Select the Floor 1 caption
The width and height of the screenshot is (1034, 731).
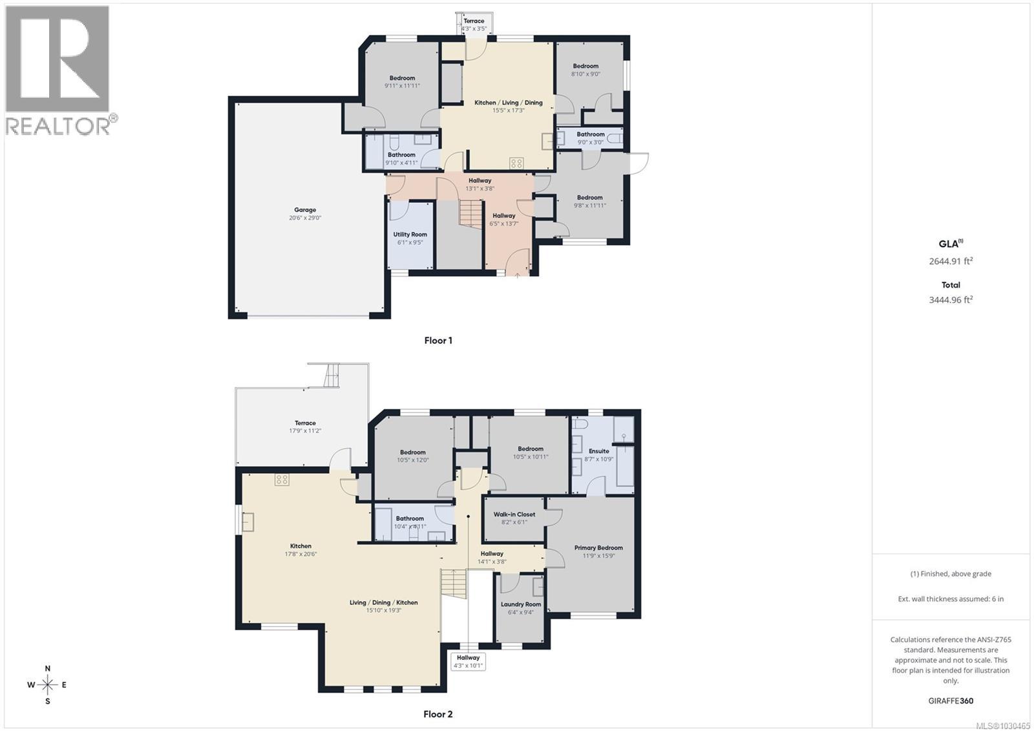[438, 341]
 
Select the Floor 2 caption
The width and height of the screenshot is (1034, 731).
[438, 714]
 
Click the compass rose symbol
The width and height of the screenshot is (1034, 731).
[47, 684]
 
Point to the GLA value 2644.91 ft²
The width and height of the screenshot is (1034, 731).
[951, 262]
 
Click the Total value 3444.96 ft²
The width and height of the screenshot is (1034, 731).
[951, 300]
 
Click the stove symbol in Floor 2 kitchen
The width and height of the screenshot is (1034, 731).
[282, 480]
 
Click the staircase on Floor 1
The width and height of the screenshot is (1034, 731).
[471, 212]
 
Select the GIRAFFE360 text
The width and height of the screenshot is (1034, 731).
[951, 701]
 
